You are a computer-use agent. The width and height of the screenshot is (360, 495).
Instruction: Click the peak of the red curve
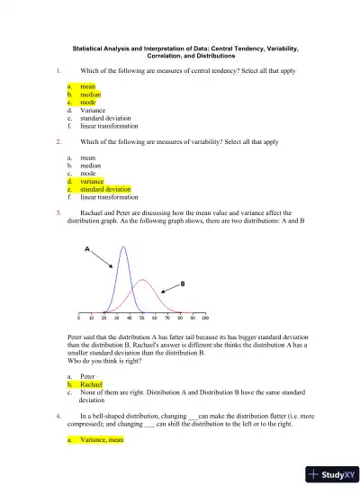(x=142, y=280)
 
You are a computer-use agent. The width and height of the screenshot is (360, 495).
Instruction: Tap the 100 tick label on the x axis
(x=205, y=319)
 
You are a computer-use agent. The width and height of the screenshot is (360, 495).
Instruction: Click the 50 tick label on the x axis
(x=142, y=319)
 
